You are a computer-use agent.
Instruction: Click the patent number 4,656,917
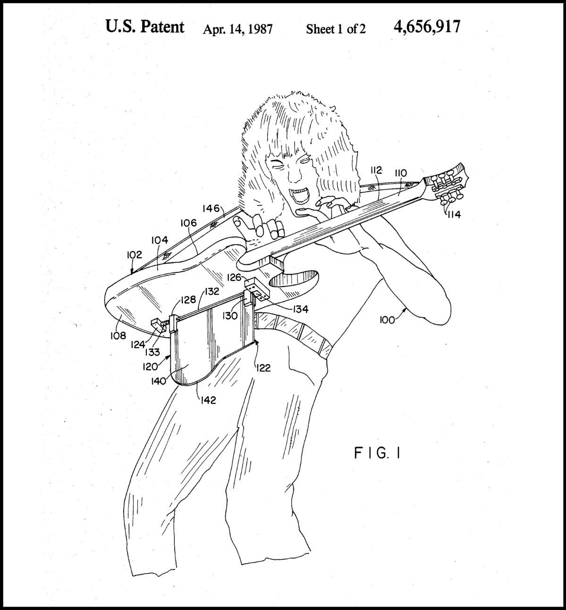tap(426, 27)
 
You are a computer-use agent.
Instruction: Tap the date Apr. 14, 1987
tap(237, 29)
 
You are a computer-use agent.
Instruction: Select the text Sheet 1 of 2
tap(336, 29)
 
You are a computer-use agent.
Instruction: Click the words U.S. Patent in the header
tap(145, 27)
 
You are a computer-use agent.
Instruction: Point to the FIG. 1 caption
tap(378, 454)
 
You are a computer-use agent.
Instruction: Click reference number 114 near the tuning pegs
tap(454, 214)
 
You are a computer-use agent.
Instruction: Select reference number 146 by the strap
tap(211, 208)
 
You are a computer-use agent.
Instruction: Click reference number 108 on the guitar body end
tap(118, 335)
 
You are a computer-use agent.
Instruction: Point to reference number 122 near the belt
tap(264, 368)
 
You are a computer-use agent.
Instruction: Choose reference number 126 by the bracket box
tap(235, 278)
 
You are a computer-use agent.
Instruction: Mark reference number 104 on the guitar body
tap(160, 240)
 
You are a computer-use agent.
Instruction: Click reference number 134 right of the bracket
tap(300, 309)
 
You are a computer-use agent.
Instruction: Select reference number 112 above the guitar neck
tap(376, 170)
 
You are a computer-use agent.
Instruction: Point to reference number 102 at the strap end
tap(134, 255)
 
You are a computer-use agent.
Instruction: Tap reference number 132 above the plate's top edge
tap(212, 292)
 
